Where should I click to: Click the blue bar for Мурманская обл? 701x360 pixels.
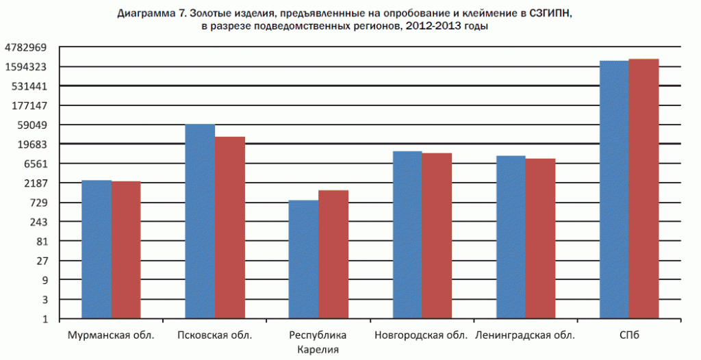97,249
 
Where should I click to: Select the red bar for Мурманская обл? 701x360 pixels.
126,250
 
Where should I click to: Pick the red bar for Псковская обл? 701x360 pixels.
230,227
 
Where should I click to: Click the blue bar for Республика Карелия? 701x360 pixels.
303,259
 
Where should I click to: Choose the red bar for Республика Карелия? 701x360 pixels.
333,254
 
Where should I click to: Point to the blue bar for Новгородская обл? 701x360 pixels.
407,235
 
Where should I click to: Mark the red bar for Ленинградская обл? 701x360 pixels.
540,238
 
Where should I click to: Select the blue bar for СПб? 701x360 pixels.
614,190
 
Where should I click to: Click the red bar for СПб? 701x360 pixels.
643,189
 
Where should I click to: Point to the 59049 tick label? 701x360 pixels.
31,125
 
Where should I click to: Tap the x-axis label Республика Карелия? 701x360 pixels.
318,342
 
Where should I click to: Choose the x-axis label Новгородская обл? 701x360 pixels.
421,335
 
